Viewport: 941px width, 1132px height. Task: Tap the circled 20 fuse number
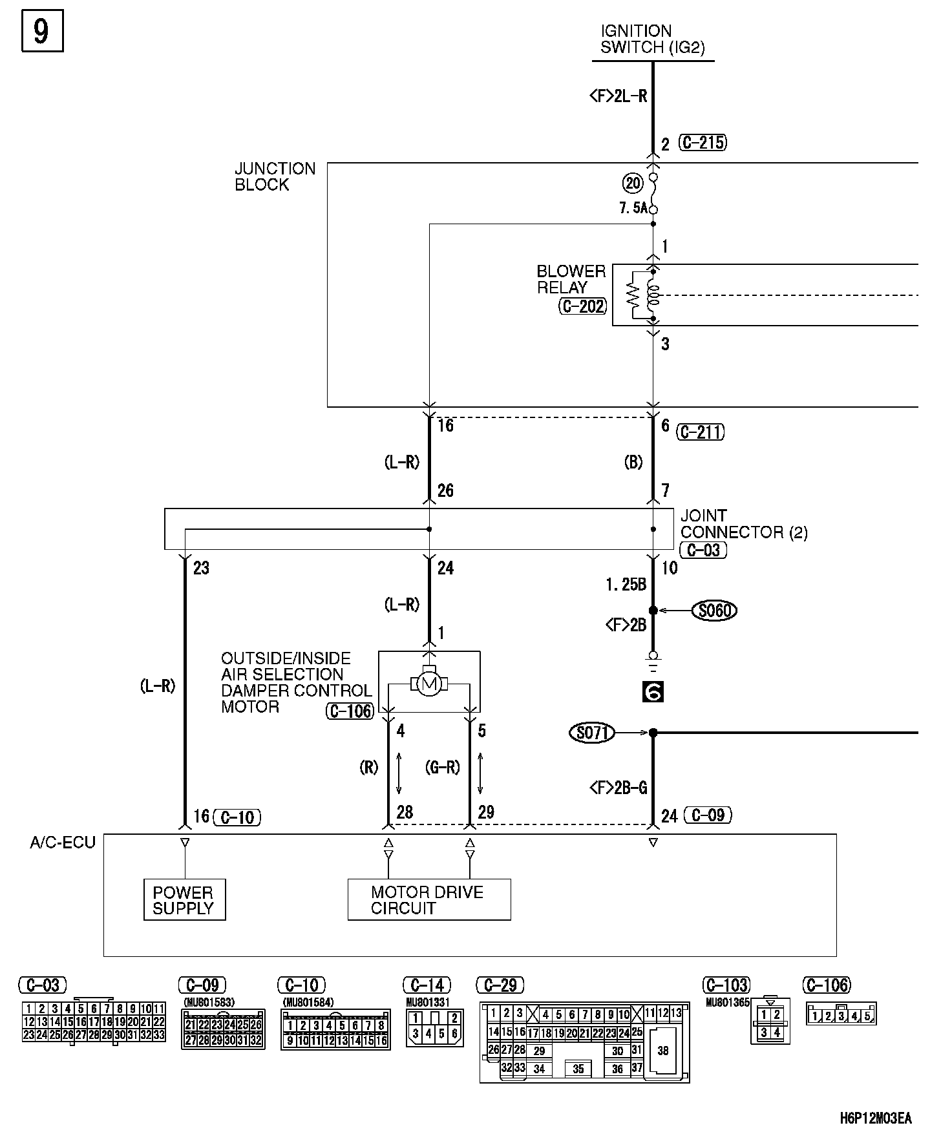point(633,183)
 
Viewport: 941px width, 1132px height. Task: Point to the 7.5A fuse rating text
point(633,208)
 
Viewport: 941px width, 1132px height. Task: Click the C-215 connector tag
point(703,143)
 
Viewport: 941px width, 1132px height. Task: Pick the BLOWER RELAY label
point(571,279)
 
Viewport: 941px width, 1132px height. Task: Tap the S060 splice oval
point(714,610)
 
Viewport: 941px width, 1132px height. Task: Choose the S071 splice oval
point(591,733)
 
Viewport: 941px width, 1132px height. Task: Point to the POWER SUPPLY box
point(184,899)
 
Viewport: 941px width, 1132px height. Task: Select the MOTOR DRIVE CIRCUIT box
point(428,899)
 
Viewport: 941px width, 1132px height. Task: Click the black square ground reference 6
point(653,692)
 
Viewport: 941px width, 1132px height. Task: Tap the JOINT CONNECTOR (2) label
point(743,524)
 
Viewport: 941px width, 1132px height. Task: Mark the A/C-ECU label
point(63,843)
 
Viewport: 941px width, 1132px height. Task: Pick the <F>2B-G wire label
point(618,788)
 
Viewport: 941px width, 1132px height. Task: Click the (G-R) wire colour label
point(443,767)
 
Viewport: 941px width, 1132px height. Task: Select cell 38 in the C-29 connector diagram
point(663,1051)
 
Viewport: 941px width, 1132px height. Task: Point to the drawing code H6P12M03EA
point(876,1118)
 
